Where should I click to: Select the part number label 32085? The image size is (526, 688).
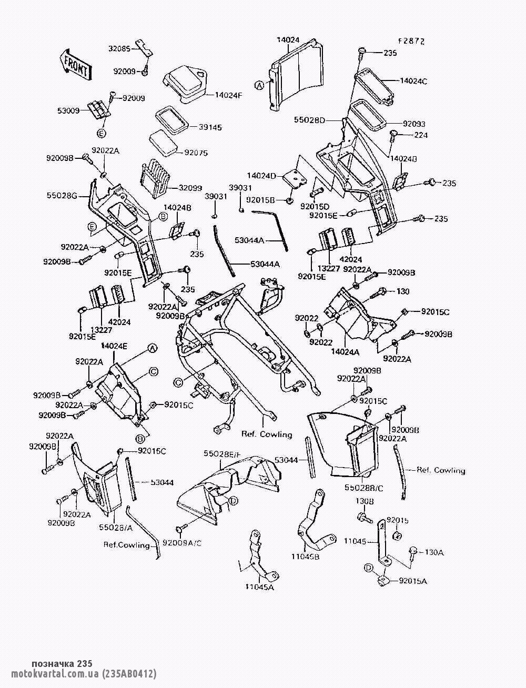(x=119, y=48)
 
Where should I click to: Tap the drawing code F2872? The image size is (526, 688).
(x=411, y=41)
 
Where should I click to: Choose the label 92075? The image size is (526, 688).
(x=196, y=153)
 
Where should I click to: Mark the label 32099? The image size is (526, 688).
(x=190, y=188)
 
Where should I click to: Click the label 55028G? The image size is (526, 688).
(x=62, y=196)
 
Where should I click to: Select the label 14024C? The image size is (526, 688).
(x=413, y=81)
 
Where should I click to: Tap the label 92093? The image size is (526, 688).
(x=414, y=124)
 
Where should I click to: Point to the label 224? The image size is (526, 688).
(x=421, y=135)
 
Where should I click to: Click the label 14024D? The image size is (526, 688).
(x=261, y=175)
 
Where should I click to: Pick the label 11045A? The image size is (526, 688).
(x=259, y=587)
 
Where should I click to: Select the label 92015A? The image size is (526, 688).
(x=413, y=581)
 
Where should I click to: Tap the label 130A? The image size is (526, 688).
(x=434, y=552)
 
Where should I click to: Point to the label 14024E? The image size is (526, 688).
(x=114, y=346)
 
